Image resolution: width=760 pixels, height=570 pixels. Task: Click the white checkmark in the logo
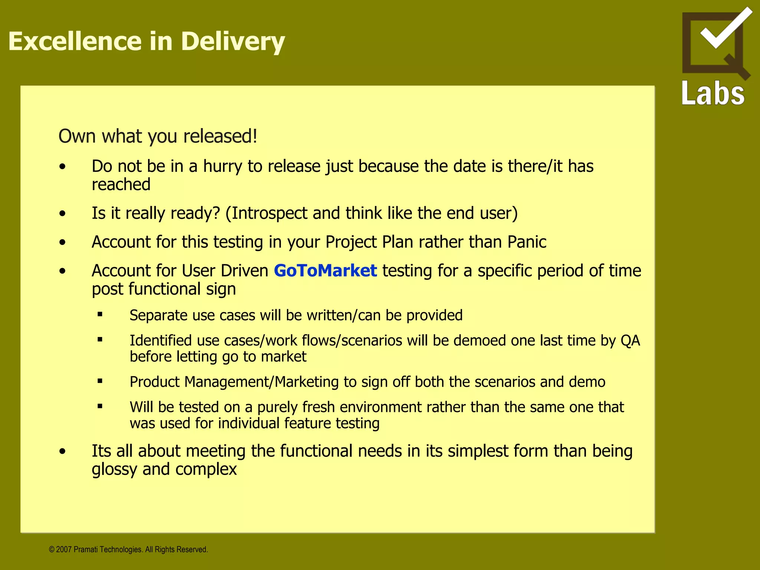click(x=725, y=28)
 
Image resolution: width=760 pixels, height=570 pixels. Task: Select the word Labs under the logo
click(x=713, y=94)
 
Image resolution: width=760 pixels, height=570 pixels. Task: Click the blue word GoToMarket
click(x=325, y=271)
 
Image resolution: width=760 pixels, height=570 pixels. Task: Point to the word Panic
click(x=527, y=242)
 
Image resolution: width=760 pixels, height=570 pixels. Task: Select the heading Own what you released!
click(x=158, y=136)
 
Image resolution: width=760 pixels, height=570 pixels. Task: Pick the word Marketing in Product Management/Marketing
click(x=307, y=382)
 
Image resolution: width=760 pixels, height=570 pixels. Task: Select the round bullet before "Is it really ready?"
click(x=62, y=213)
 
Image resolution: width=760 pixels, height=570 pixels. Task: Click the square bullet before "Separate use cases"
click(x=100, y=314)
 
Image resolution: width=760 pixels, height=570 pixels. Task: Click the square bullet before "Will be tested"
click(x=100, y=406)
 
